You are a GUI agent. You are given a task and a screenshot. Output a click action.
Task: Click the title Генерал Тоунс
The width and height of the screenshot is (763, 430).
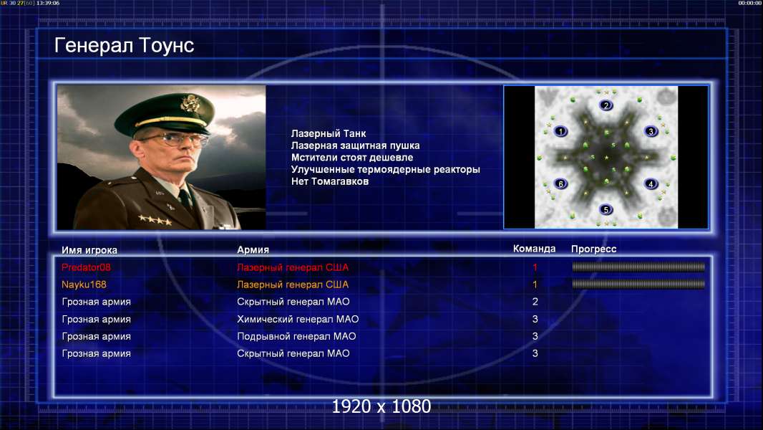click(124, 46)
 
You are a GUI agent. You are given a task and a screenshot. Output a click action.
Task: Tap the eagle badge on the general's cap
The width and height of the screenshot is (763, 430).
click(189, 102)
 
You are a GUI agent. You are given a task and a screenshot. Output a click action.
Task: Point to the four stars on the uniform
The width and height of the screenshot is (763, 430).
click(155, 220)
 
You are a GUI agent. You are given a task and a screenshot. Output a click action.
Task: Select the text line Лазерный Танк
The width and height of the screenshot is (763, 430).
click(329, 133)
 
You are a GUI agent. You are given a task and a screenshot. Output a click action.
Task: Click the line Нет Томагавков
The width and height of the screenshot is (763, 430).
click(330, 181)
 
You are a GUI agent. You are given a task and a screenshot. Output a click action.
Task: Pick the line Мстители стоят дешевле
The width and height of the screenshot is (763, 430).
click(352, 157)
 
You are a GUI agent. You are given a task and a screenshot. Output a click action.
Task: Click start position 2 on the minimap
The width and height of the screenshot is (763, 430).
click(606, 105)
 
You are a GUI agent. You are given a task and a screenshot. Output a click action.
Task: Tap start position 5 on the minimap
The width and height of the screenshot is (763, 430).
click(606, 210)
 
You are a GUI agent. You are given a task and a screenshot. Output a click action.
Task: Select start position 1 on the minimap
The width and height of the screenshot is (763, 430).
click(560, 131)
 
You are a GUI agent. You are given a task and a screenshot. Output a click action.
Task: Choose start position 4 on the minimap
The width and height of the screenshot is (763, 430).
click(651, 184)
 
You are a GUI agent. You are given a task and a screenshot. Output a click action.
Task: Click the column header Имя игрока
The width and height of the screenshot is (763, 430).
click(89, 250)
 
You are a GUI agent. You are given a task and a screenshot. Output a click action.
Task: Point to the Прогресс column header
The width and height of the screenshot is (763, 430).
click(593, 249)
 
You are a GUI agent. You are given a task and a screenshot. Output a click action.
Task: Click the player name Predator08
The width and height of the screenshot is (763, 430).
click(86, 267)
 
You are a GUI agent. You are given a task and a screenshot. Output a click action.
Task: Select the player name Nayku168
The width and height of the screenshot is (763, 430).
click(84, 285)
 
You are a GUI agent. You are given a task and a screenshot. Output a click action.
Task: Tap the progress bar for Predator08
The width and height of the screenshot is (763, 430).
click(638, 267)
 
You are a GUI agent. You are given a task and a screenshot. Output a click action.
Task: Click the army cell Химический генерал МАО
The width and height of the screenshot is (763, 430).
click(298, 319)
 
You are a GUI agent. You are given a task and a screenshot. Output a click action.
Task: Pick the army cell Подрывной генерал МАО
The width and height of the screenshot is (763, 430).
click(296, 336)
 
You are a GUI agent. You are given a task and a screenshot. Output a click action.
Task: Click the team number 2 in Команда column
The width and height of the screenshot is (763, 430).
click(535, 302)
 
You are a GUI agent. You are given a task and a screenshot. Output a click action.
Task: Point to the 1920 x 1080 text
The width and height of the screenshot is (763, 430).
click(381, 406)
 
